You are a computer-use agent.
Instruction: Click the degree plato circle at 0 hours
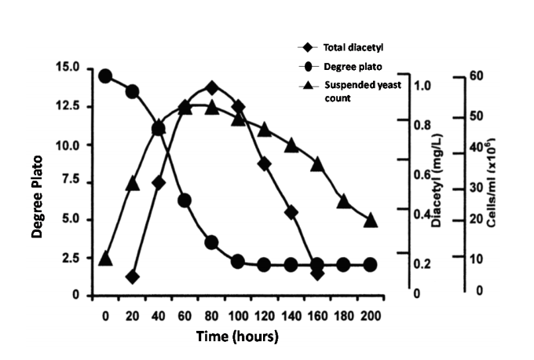(x=105, y=76)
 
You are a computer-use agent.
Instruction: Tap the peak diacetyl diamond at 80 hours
(x=211, y=88)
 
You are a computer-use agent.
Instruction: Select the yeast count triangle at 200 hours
(x=370, y=220)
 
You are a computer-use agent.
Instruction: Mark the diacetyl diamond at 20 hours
(x=132, y=277)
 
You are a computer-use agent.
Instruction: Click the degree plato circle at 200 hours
(x=370, y=265)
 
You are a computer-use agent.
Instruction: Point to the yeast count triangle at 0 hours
(x=105, y=259)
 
